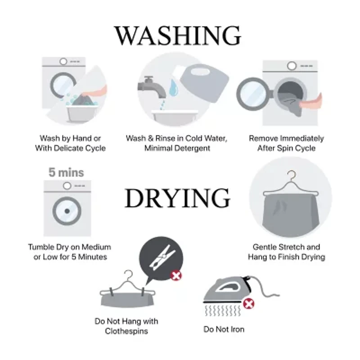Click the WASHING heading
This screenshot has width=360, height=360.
point(177,36)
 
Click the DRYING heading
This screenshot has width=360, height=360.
point(177,198)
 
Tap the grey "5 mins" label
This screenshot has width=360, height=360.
point(66,172)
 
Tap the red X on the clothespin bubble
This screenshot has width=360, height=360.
point(176,275)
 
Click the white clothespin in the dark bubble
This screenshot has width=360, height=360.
point(162,257)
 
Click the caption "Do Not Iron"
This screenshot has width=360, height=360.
point(224,329)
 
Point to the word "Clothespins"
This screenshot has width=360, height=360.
point(126,331)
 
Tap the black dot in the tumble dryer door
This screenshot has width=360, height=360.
point(67,211)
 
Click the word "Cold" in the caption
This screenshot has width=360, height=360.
point(194,138)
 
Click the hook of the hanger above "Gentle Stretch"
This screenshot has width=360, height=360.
point(292,175)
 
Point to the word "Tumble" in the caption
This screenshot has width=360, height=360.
point(41,247)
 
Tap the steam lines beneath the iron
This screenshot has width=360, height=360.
point(222,310)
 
